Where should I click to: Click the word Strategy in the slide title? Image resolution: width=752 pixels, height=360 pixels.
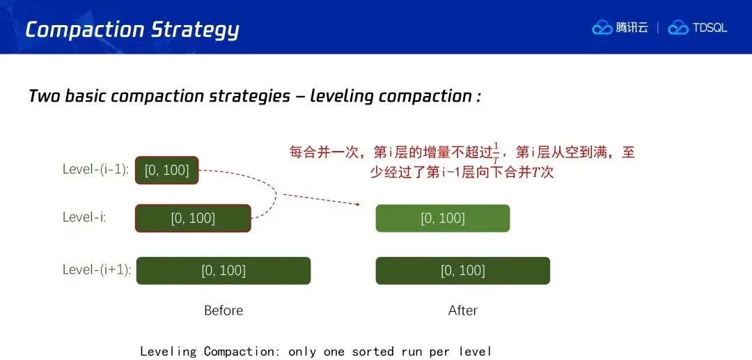(x=195, y=30)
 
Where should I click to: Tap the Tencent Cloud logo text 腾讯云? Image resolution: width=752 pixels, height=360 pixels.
(x=632, y=28)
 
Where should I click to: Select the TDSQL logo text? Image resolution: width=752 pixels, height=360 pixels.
(x=710, y=28)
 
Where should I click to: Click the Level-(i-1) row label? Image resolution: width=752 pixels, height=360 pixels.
(x=96, y=170)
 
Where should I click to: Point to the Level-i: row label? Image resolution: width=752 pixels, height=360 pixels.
(x=84, y=217)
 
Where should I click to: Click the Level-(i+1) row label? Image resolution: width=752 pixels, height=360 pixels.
(x=96, y=270)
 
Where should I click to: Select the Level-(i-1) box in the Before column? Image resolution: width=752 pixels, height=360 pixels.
(x=167, y=170)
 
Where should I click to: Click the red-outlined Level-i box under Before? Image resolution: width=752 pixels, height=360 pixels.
(x=193, y=219)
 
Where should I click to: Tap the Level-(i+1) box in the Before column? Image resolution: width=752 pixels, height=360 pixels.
(x=224, y=271)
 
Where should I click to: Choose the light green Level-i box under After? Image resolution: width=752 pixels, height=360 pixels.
(x=443, y=218)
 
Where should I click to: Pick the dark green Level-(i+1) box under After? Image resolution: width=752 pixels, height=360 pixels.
(x=463, y=271)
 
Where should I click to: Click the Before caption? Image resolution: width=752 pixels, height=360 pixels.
(x=224, y=310)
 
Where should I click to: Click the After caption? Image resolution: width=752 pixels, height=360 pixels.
(x=463, y=310)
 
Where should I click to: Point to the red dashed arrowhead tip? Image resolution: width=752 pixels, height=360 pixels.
(x=360, y=204)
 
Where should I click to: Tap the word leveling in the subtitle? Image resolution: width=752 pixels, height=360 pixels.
(x=343, y=96)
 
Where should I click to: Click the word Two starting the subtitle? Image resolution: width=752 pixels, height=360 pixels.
(x=44, y=96)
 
